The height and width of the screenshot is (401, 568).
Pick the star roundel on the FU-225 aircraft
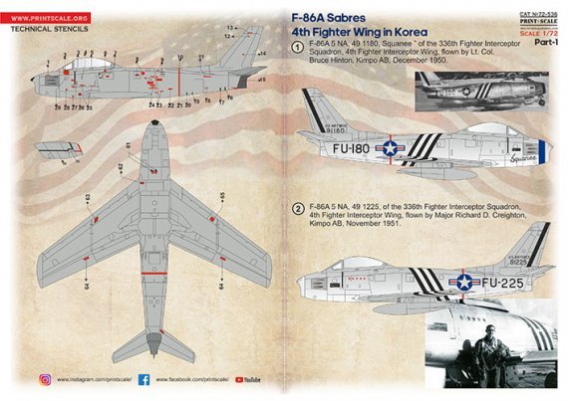pos(463,283)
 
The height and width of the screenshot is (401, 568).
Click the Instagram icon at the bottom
pos(46,379)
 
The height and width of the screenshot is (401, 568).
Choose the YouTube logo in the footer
pos(249,379)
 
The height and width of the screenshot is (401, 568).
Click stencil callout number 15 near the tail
pos(262,78)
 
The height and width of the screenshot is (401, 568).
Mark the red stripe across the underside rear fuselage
pos(154,299)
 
